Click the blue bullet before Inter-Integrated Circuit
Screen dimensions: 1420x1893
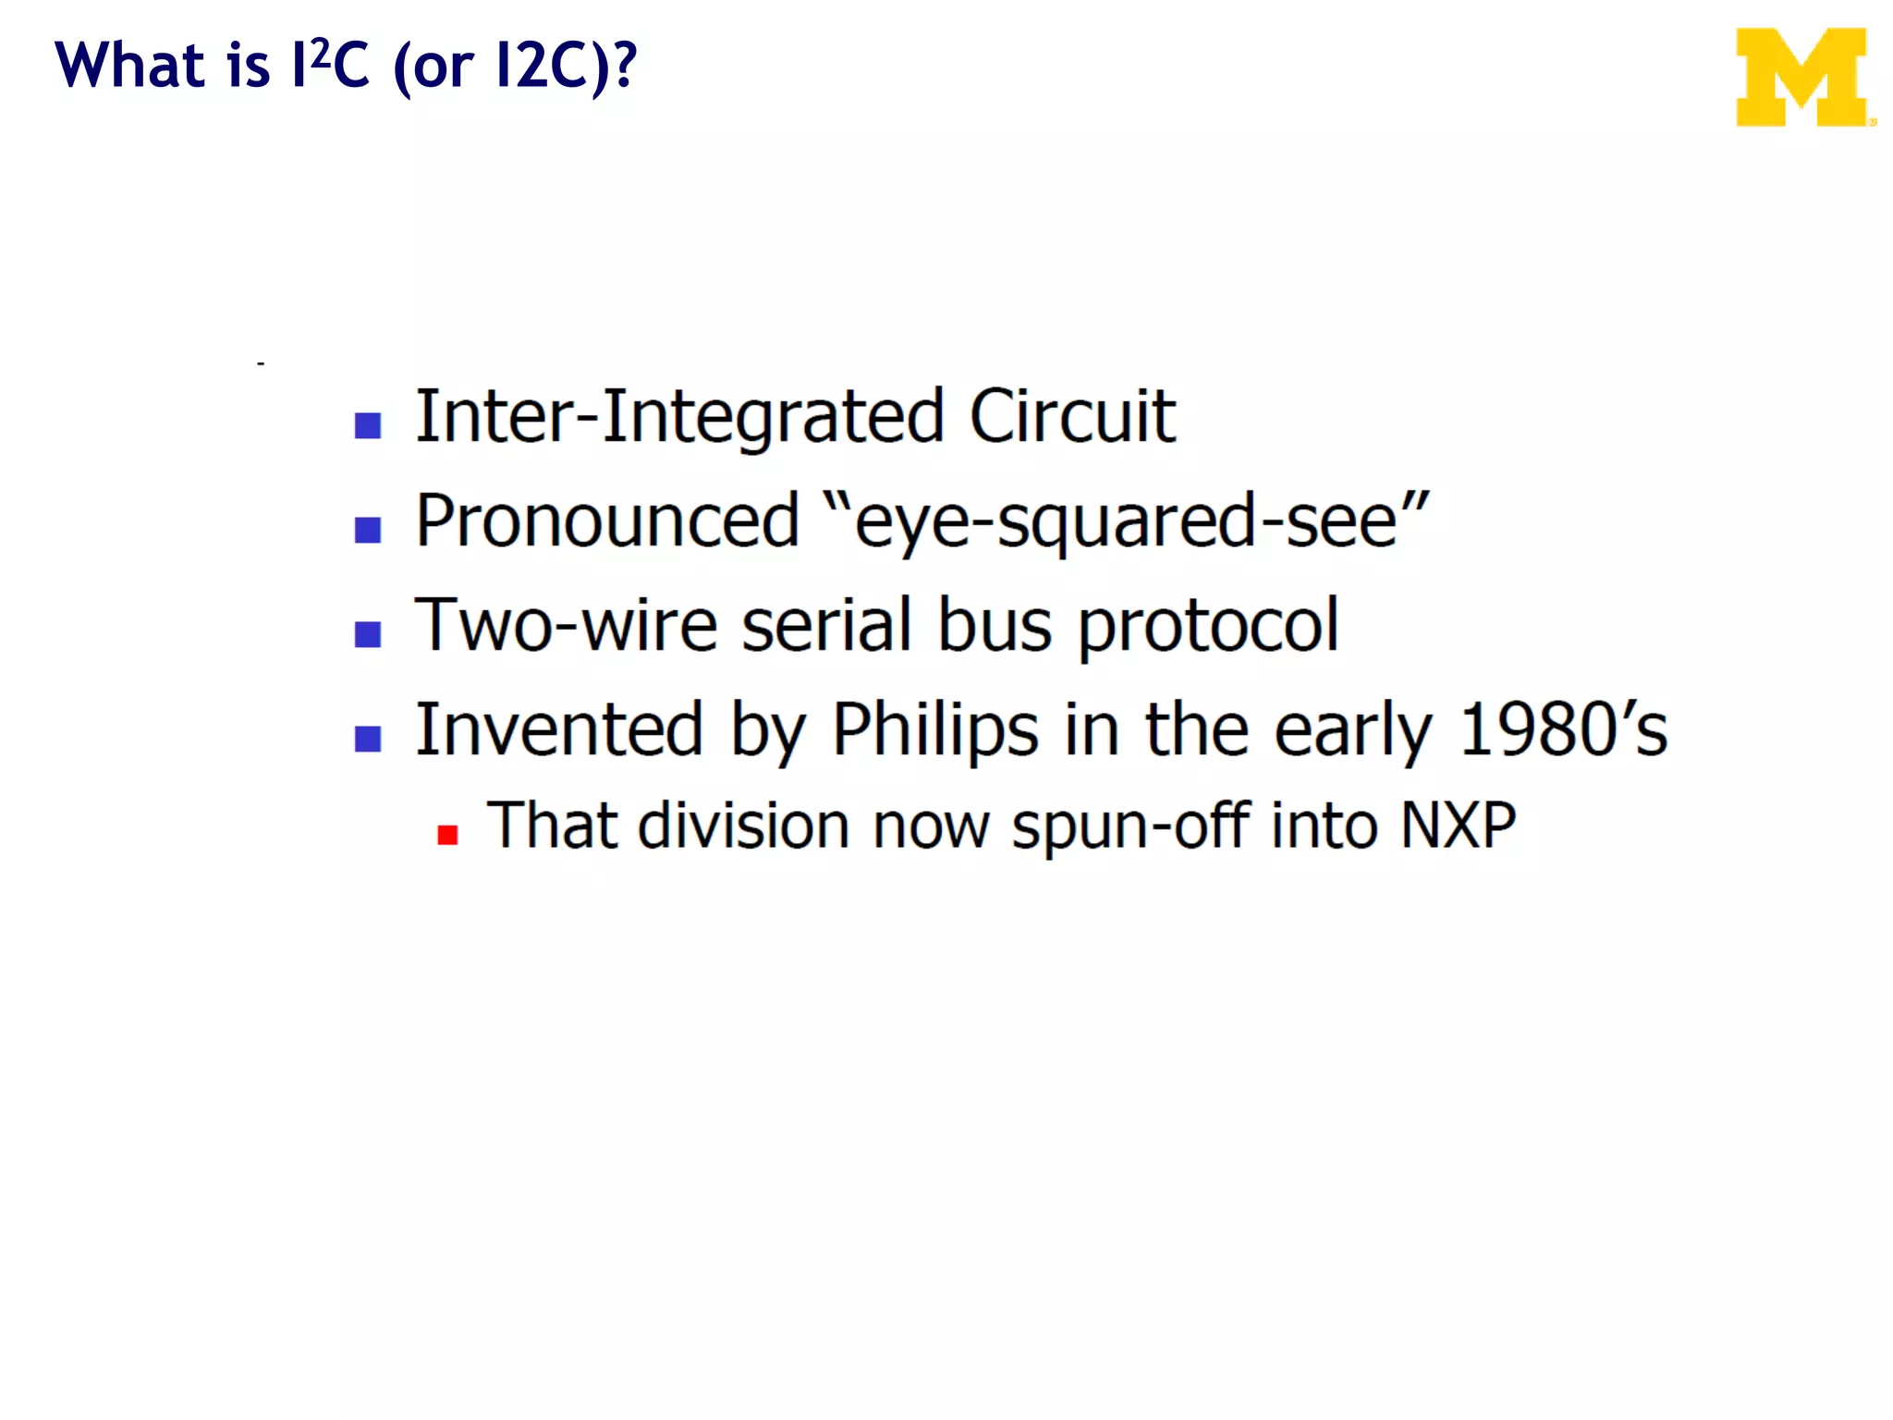[x=368, y=425]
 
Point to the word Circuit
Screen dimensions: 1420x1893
[x=1072, y=417]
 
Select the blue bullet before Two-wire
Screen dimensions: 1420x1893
[x=368, y=634]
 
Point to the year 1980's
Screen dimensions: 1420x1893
[x=1563, y=730]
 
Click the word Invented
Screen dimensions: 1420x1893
[x=559, y=730]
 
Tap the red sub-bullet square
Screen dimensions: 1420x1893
[x=448, y=835]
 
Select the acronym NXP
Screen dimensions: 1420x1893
[x=1458, y=825]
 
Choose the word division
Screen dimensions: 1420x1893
[x=743, y=825]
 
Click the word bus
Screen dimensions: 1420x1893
[x=995, y=626]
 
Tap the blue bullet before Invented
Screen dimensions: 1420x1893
[x=368, y=739]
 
